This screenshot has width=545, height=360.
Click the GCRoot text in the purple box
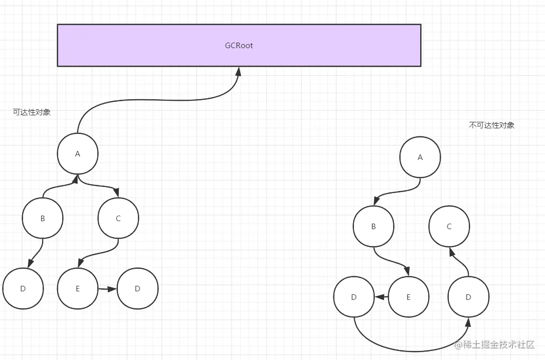point(239,46)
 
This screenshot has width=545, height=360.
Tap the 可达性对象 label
point(32,112)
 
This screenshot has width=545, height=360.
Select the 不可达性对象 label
point(491,125)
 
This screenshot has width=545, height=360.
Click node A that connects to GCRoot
point(78,154)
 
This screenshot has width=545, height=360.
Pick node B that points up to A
point(43,218)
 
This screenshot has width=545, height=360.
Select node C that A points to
point(118,218)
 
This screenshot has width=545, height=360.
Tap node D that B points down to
point(23,288)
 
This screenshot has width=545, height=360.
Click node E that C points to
point(78,288)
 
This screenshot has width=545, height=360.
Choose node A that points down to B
point(420,157)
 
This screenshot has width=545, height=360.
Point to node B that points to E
point(374,226)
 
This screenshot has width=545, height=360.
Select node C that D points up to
point(449,226)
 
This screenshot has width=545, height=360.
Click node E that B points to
point(409,297)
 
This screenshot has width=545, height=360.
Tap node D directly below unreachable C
point(468,297)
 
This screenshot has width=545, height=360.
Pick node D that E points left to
point(354,297)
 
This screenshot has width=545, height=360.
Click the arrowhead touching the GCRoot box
point(238,71)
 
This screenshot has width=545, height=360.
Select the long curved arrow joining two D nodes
point(411,349)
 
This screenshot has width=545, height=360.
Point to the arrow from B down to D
point(36,253)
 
